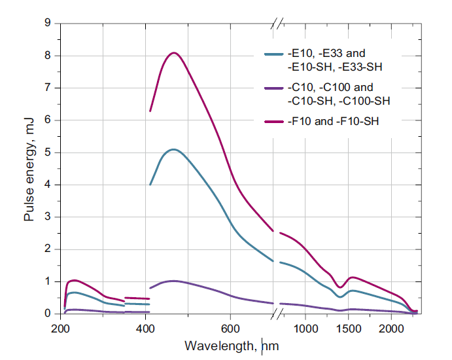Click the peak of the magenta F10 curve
click(174, 53)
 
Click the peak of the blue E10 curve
click(173, 149)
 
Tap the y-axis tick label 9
click(47, 24)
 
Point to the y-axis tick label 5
click(47, 153)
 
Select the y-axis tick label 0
click(47, 314)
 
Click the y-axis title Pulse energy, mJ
click(29, 169)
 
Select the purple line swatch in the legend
click(273, 88)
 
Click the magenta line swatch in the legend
click(273, 122)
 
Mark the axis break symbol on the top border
click(278, 24)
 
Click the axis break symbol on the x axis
click(278, 314)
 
